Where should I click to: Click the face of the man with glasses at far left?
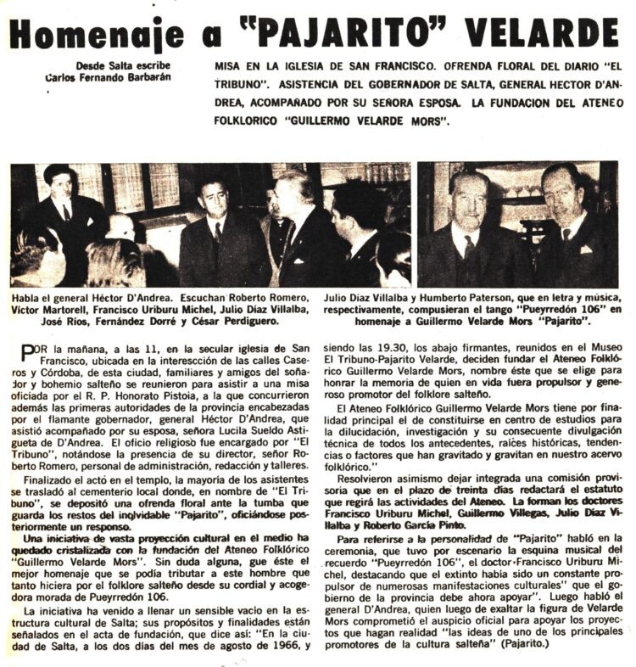59,186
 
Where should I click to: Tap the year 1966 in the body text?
272,647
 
